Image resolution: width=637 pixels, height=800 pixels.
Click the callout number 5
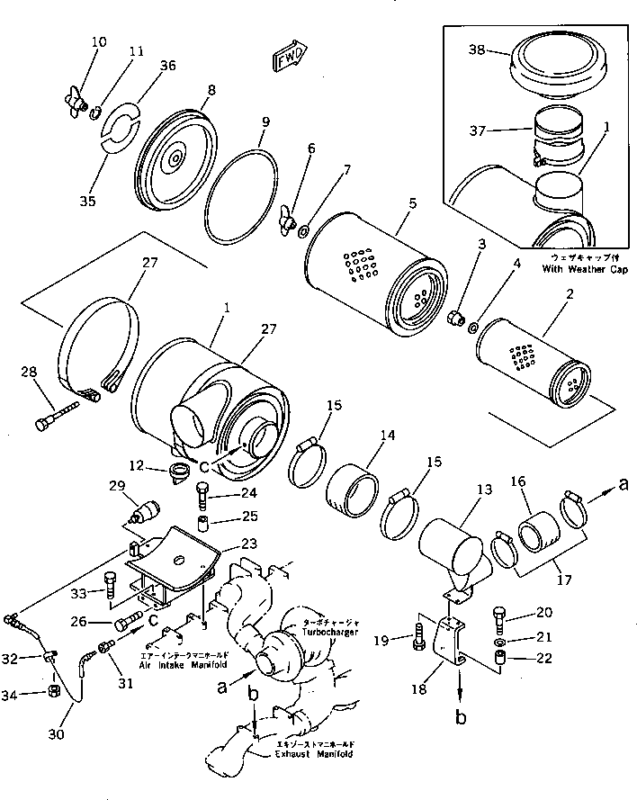(x=410, y=203)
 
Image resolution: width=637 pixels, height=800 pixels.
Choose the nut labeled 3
(x=455, y=317)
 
